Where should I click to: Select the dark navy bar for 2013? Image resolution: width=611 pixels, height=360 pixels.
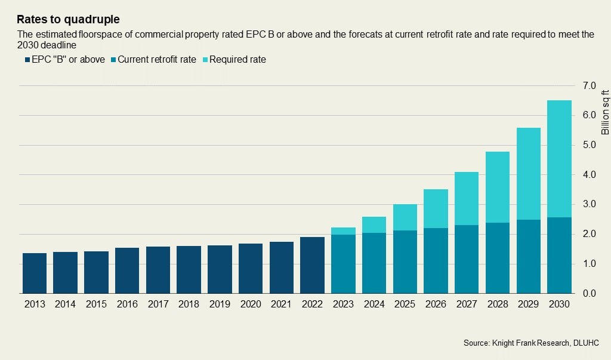pyautogui.click(x=35, y=273)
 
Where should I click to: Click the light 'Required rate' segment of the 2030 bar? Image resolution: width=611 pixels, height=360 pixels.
pyautogui.click(x=559, y=159)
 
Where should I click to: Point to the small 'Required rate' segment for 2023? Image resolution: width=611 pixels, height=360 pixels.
pyautogui.click(x=343, y=231)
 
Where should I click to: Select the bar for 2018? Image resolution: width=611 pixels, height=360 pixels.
pyautogui.click(x=189, y=270)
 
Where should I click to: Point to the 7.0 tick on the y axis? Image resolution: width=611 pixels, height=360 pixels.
pyautogui.click(x=589, y=86)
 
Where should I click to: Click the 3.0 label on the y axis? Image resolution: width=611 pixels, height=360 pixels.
pyautogui.click(x=589, y=205)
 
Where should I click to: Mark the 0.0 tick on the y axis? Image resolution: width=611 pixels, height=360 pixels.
pyautogui.click(x=589, y=294)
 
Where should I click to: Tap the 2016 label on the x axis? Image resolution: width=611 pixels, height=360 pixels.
pyautogui.click(x=127, y=304)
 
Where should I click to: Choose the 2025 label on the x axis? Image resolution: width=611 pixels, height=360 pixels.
pyautogui.click(x=405, y=304)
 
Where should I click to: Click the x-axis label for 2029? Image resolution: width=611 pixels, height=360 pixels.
pyautogui.click(x=528, y=304)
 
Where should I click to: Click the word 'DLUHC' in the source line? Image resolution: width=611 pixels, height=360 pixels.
pyautogui.click(x=586, y=343)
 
